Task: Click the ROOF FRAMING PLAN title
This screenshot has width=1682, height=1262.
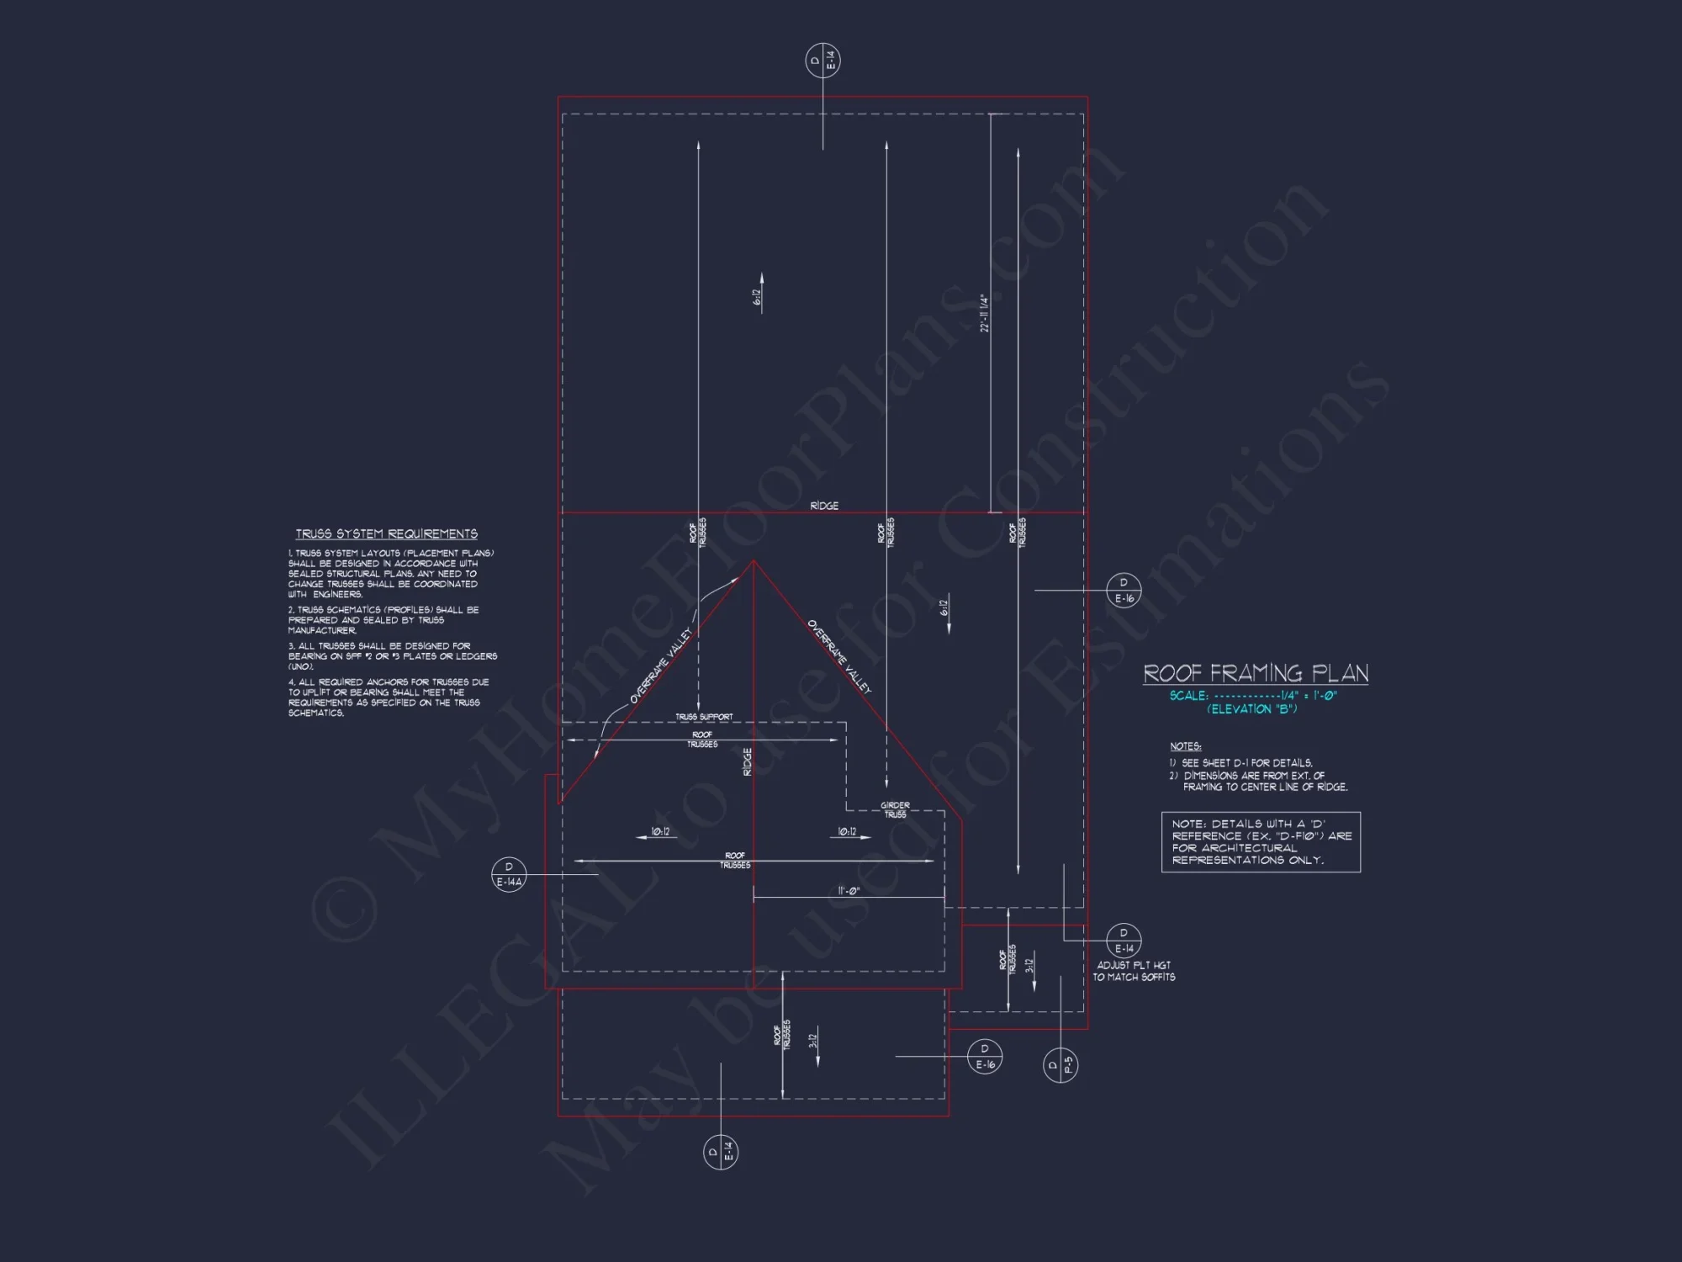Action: (x=1255, y=673)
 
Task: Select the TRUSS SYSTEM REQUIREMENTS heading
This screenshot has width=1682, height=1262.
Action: (x=386, y=534)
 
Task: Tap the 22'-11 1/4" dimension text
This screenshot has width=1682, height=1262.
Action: (x=984, y=313)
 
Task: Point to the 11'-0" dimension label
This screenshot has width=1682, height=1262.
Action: (x=849, y=891)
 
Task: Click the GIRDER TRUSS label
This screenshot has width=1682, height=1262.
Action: (x=895, y=810)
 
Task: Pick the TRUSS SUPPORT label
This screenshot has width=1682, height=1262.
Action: (x=704, y=717)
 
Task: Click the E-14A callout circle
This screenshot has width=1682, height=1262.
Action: (x=509, y=875)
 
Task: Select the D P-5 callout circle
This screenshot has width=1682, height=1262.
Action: (x=1061, y=1066)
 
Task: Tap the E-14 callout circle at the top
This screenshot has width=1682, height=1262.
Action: (x=822, y=61)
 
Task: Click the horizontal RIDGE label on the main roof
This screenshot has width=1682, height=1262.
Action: (x=824, y=506)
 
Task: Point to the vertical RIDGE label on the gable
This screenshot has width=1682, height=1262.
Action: (x=747, y=761)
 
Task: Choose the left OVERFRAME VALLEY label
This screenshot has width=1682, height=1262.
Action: (x=661, y=665)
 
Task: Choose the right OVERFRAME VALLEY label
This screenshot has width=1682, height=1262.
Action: (x=839, y=657)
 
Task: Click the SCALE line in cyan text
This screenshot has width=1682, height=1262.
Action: (x=1252, y=696)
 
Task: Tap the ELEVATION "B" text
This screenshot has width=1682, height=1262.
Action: (x=1252, y=709)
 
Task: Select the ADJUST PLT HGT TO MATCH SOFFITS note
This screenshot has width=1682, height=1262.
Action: (x=1134, y=971)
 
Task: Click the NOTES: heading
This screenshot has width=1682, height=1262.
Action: (x=1185, y=746)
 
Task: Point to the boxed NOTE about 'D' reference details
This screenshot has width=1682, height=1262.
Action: (x=1261, y=842)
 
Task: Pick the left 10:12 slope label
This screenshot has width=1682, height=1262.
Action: (x=660, y=832)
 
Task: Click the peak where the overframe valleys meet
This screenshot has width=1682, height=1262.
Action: (x=754, y=561)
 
